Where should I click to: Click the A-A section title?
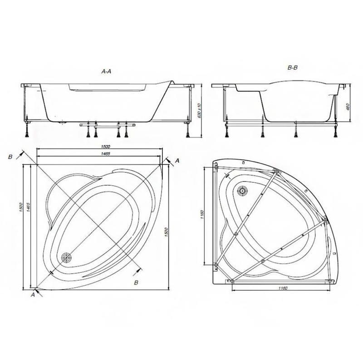click(106, 71)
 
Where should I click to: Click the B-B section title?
click(292, 68)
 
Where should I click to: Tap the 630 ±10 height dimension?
click(200, 111)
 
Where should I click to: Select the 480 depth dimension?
click(348, 107)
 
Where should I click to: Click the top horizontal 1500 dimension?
click(105, 146)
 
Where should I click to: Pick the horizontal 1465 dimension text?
click(105, 153)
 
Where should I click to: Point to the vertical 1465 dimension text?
click(28, 207)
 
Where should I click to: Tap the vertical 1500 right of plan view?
click(166, 232)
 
